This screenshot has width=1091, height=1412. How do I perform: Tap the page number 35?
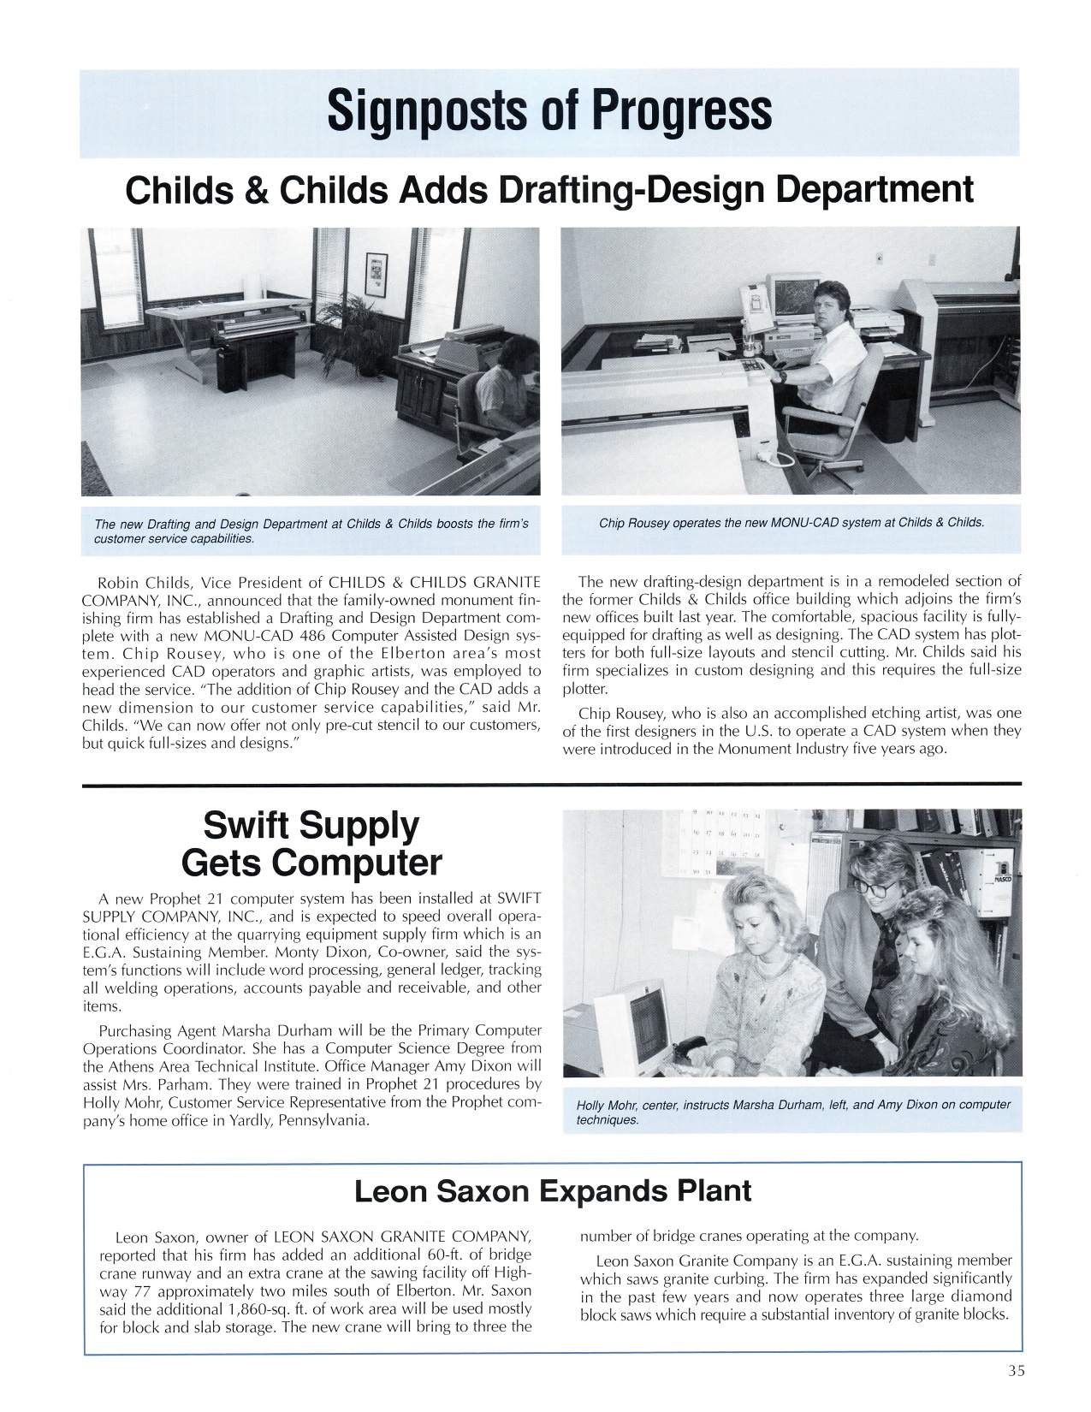click(1016, 1370)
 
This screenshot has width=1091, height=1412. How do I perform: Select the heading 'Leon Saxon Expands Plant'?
click(553, 1190)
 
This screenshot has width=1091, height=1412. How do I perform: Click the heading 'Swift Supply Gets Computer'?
click(311, 844)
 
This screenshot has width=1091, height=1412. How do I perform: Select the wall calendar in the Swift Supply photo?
click(716, 843)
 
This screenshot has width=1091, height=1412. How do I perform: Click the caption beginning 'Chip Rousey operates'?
click(792, 522)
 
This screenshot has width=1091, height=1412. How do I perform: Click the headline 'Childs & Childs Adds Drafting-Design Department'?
click(549, 189)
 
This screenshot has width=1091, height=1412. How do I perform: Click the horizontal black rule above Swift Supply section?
click(552, 784)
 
